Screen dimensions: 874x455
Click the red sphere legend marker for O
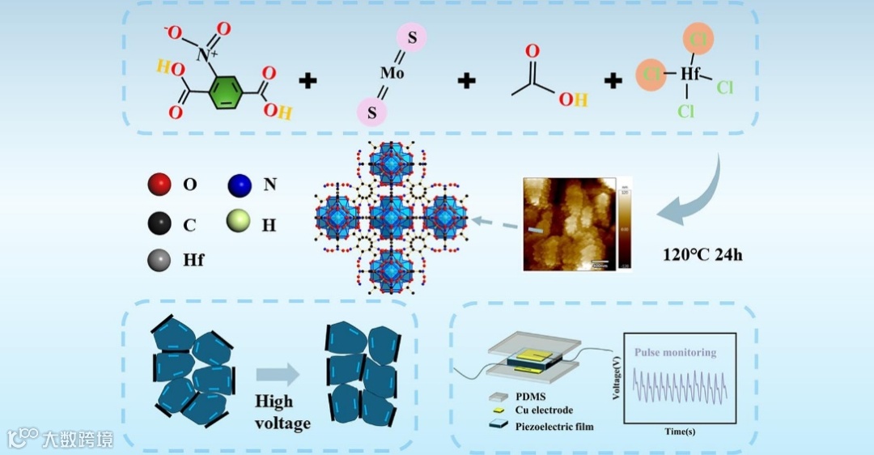(159, 184)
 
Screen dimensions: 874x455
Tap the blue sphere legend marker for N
(239, 184)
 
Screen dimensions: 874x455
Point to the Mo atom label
(392, 73)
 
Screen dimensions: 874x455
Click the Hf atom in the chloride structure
(689, 74)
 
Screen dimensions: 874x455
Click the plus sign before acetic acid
(467, 80)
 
